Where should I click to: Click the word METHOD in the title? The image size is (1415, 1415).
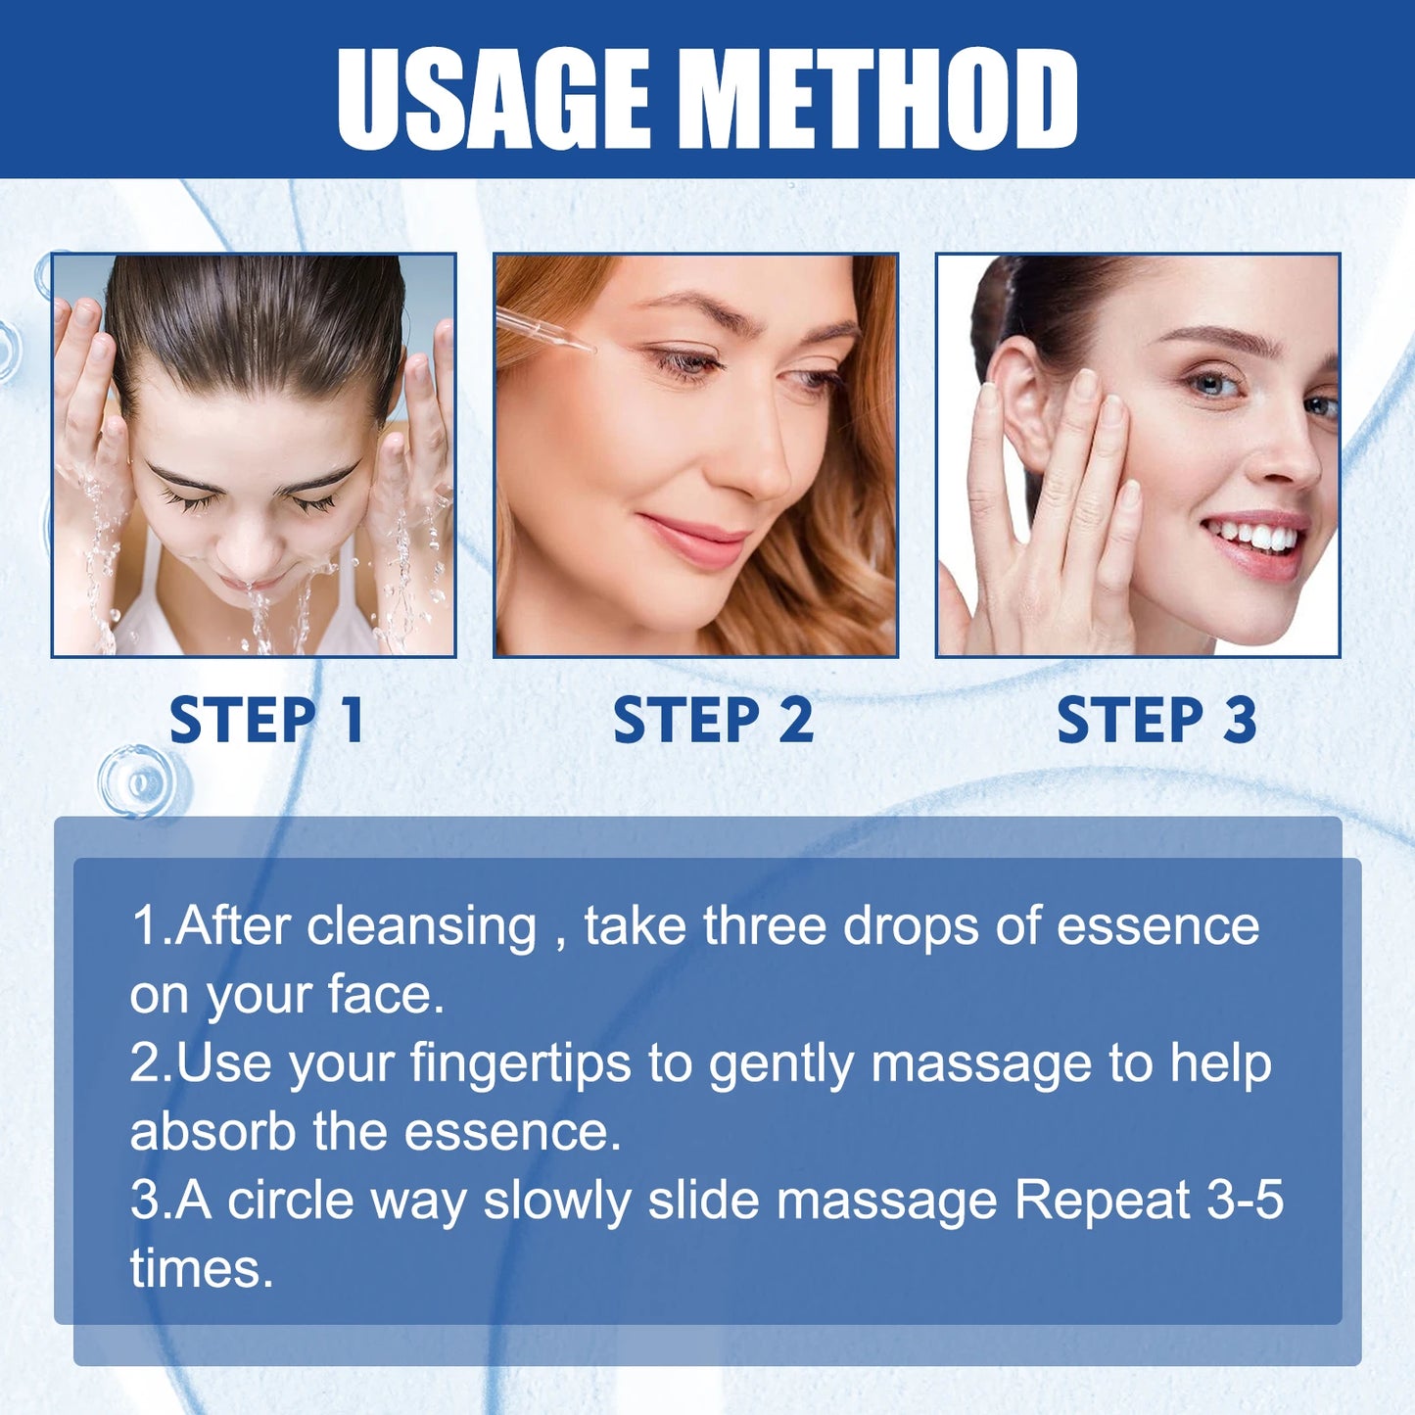click(x=884, y=98)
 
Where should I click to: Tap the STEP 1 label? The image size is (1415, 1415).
click(x=266, y=721)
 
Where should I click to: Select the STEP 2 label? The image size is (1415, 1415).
click(x=713, y=721)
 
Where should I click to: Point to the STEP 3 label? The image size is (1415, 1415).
click(x=1156, y=721)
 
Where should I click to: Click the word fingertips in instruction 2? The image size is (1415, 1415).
click(x=520, y=1063)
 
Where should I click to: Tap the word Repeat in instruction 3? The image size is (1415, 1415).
click(x=1102, y=1201)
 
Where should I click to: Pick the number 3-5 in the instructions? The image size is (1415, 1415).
click(x=1245, y=1201)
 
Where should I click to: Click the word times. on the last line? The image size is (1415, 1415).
click(x=201, y=1269)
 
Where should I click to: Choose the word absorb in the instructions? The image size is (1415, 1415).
click(x=212, y=1132)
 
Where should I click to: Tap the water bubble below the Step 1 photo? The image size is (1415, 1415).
click(x=137, y=781)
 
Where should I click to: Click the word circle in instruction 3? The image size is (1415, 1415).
click(x=290, y=1201)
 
